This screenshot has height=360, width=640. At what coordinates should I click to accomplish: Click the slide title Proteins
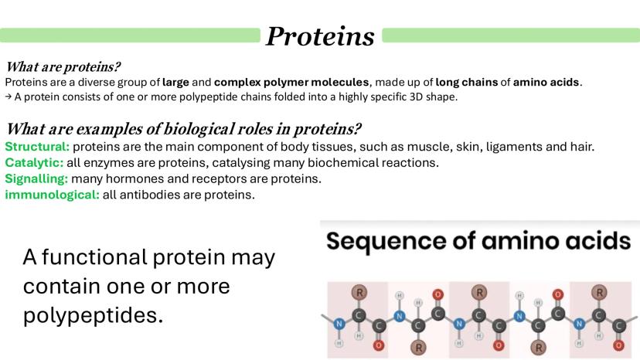click(320, 36)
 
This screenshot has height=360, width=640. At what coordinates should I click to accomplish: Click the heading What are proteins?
click(63, 66)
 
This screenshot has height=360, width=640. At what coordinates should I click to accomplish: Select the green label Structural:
click(37, 147)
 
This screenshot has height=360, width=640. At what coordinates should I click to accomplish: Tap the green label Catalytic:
click(34, 163)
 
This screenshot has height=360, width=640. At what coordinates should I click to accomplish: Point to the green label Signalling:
click(36, 178)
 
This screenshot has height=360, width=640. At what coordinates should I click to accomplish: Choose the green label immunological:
click(53, 195)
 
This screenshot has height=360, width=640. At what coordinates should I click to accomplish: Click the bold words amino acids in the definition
click(546, 82)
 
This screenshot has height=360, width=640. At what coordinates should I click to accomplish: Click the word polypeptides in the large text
click(93, 315)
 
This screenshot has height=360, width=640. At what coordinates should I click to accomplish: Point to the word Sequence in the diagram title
click(386, 240)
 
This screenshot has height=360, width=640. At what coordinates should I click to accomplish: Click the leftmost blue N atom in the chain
click(339, 324)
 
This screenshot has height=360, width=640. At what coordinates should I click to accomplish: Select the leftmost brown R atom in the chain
click(359, 292)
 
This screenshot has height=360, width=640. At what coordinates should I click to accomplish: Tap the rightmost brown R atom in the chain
click(600, 292)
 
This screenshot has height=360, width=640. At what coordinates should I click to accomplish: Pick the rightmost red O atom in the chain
click(619, 345)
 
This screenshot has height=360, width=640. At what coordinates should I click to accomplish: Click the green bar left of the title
click(130, 35)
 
